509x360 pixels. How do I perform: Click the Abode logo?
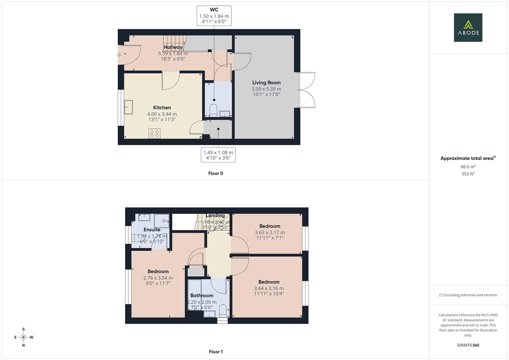[x=468, y=28]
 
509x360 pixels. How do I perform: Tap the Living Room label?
[x=266, y=83]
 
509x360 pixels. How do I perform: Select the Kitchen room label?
[x=162, y=108]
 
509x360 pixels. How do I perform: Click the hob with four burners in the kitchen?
[x=154, y=134]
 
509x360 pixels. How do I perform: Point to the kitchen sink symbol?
[x=128, y=107]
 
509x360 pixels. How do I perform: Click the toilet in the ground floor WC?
[x=213, y=110]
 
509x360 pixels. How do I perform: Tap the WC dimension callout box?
[x=214, y=16]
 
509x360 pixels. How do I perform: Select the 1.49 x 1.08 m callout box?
[x=218, y=155]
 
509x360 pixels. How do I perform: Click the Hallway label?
[x=173, y=47]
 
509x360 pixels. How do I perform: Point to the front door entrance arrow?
[x=119, y=54]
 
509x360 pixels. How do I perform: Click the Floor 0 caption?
[x=216, y=173]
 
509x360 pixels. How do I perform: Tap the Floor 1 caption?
[x=216, y=352]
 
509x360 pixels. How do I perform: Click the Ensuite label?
[x=152, y=230]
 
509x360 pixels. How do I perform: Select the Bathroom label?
[x=202, y=296]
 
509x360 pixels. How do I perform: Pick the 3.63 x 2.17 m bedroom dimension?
[x=270, y=233]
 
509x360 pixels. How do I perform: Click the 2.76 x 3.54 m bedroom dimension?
[x=158, y=278]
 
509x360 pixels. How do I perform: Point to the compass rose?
[x=23, y=337]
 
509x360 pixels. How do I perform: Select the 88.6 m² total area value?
[x=468, y=167]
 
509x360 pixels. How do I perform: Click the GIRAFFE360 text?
[x=468, y=345]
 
